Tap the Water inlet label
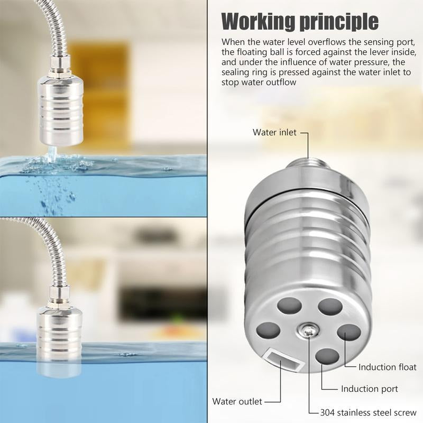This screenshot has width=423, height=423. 275,132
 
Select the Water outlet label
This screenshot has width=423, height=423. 237,401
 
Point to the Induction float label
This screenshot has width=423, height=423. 387,367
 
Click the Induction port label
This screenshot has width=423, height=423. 370,389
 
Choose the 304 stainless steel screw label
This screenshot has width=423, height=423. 369,412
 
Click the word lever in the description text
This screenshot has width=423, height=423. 388,52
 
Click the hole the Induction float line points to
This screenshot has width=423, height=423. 348,334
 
